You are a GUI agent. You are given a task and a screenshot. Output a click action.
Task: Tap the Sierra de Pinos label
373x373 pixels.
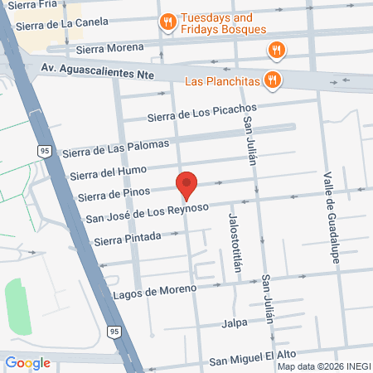(112, 196)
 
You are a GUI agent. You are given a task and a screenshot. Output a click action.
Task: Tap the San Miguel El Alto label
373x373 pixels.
(258, 360)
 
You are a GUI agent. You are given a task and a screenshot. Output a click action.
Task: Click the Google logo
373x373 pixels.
(27, 362)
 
